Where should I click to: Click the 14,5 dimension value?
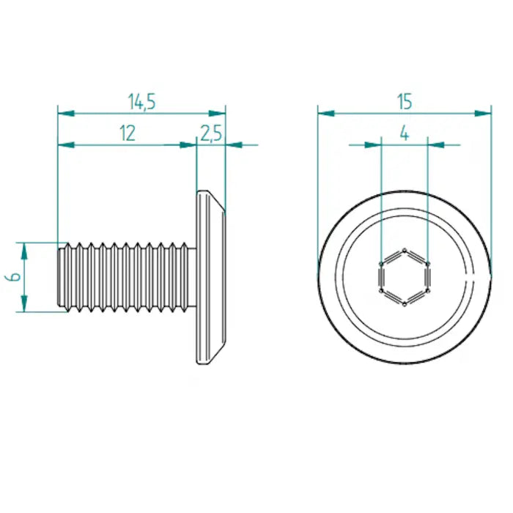[141, 102]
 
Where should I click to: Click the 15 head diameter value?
[405, 102]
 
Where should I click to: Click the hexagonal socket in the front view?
[404, 277]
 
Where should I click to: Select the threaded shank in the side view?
[125, 277]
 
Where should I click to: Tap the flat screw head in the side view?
[208, 277]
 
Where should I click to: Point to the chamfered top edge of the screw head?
[217, 202]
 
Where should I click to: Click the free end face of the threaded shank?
[59, 277]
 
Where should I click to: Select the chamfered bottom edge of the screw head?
[217, 353]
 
